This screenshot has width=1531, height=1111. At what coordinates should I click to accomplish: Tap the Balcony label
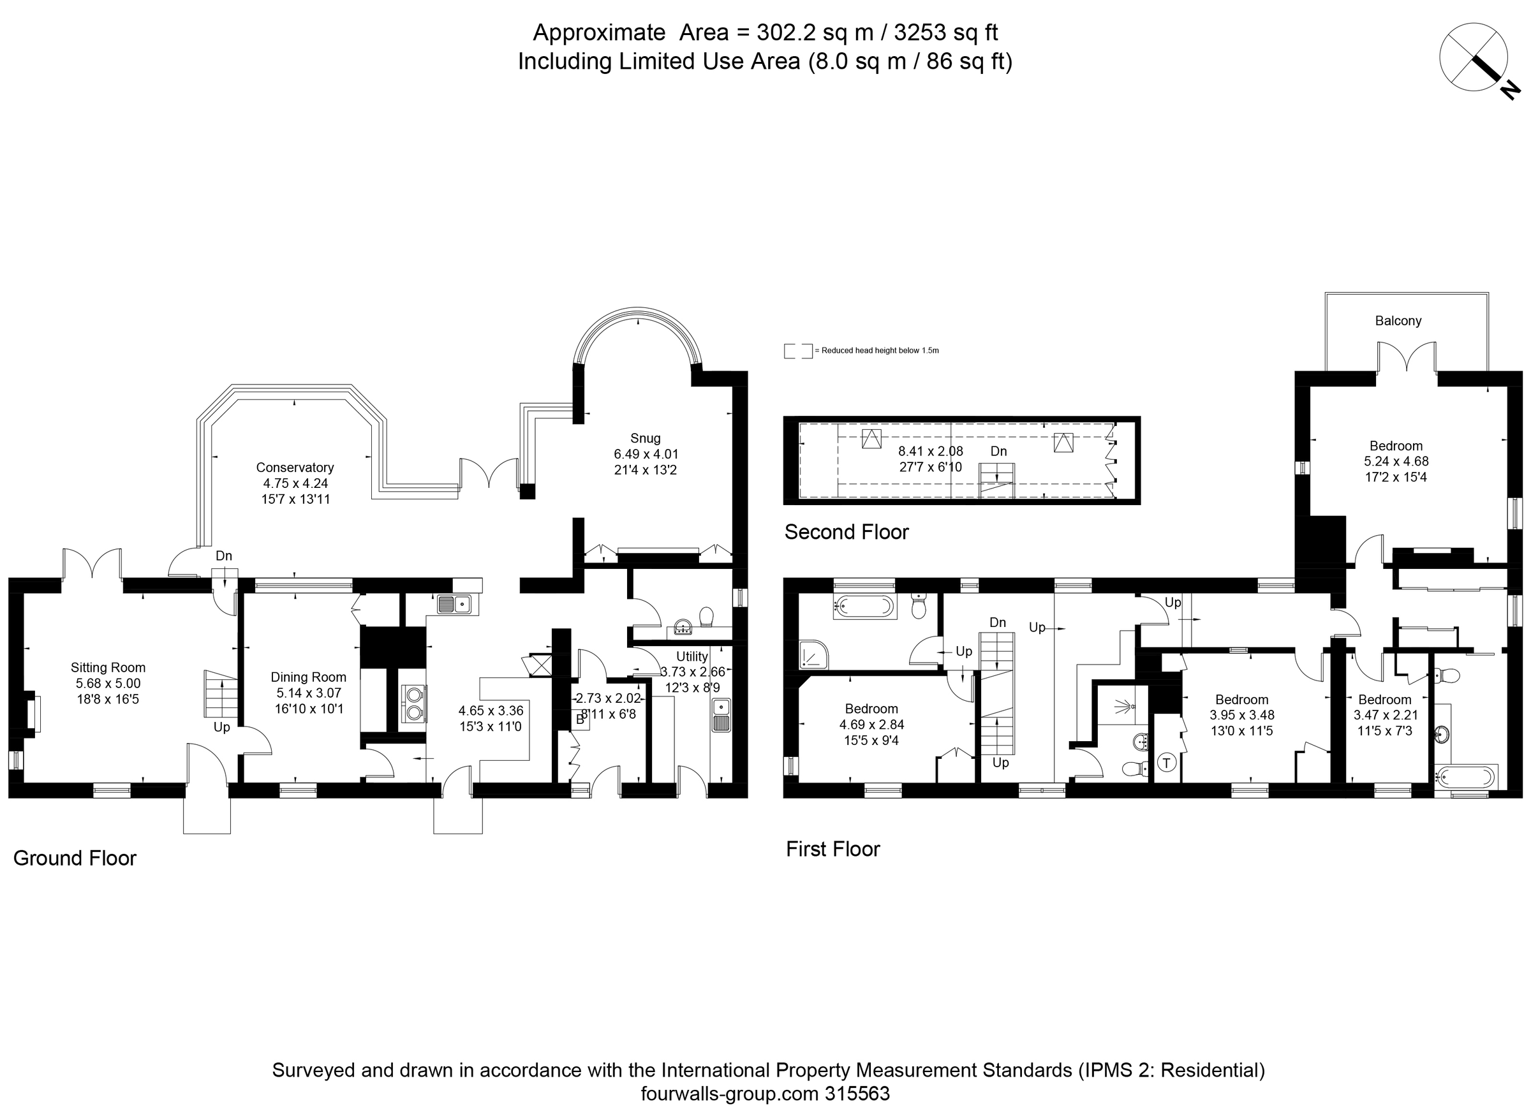1398,321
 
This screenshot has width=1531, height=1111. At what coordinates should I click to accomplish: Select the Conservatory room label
295,467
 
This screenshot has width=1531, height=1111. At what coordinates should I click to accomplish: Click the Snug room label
646,438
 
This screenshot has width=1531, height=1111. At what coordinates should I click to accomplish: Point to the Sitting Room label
108,667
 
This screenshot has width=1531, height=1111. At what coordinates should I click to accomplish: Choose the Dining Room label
309,676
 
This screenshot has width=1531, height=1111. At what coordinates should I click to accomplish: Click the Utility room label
692,656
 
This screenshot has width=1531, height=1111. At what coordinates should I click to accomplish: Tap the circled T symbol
1167,763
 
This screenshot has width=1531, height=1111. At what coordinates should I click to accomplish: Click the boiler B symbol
580,719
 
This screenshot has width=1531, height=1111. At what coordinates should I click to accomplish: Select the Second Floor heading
847,532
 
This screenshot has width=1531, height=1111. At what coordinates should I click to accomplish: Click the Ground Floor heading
75,858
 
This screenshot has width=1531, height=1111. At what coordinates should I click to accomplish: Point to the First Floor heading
833,848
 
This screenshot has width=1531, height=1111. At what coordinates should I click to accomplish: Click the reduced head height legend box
797,351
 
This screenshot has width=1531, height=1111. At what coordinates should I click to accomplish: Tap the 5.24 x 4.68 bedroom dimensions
1396,461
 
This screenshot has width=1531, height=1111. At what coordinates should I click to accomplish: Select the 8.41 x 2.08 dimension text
930,451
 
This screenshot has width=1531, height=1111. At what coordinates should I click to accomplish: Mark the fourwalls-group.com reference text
765,1093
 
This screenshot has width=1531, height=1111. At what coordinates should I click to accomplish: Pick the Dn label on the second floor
998,451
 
